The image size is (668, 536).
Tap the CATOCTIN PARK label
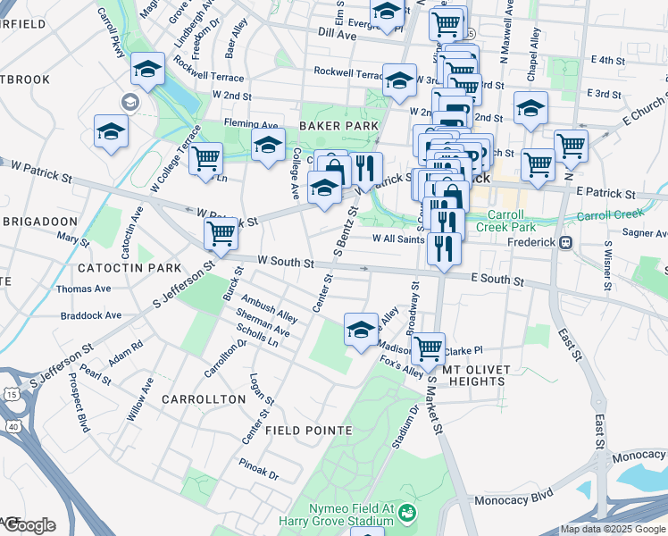pyautogui.click(x=116, y=268)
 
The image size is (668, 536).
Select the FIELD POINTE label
pyautogui.click(x=302, y=431)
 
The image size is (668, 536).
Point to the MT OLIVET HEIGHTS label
pyautogui.click(x=472, y=374)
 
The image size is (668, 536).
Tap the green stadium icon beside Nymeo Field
pyautogui.click(x=407, y=513)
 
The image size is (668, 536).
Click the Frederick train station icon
pyautogui.click(x=565, y=242)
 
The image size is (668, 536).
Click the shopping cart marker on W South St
pyautogui.click(x=221, y=235)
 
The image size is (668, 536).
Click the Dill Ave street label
pyautogui.click(x=338, y=33)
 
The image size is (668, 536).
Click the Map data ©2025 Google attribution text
pyautogui.click(x=612, y=529)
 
